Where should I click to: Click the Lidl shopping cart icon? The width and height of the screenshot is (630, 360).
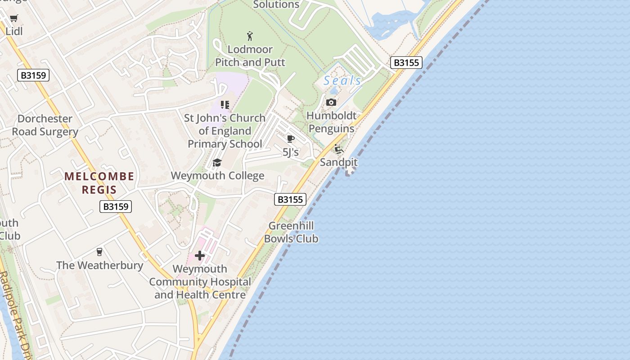[14, 18]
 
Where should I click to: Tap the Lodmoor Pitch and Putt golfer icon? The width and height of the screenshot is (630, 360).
[250, 36]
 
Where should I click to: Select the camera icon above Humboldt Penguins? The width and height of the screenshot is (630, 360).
[331, 103]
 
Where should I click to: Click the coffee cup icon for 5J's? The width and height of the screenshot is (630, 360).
[290, 139]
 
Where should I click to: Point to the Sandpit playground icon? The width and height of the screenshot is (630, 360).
[338, 149]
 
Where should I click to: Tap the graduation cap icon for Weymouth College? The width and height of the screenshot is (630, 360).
[217, 162]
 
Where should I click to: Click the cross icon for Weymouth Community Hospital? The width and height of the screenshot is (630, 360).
[200, 256]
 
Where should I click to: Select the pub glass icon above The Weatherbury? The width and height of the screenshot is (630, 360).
[99, 252]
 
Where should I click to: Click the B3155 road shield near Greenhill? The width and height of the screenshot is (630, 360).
[290, 199]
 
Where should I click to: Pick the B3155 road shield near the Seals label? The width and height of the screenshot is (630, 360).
[406, 63]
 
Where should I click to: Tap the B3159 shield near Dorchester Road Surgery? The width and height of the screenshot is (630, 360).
[33, 75]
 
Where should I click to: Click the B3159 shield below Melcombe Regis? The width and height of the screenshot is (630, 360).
[116, 207]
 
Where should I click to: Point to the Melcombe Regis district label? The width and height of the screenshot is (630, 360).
[99, 183]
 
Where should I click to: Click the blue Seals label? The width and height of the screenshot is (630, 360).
[342, 81]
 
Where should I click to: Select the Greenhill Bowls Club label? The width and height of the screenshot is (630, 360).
[291, 232]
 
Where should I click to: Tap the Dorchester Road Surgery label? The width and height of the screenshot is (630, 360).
[45, 125]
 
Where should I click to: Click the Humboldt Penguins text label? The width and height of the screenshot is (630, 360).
[331, 122]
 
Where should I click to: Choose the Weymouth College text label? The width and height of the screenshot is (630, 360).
[217, 175]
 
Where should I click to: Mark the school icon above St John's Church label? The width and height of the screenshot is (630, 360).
[225, 105]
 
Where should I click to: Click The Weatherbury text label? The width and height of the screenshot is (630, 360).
[99, 265]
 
